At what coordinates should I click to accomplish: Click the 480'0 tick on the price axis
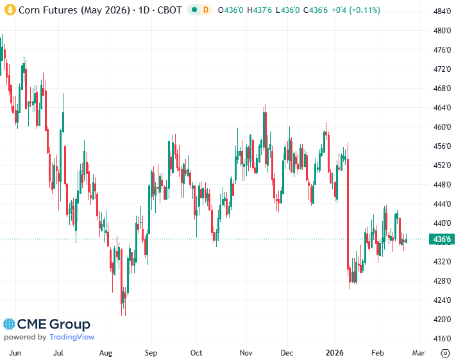(x=440, y=31)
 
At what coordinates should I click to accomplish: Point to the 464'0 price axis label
(x=440, y=108)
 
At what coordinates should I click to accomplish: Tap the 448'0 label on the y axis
(x=440, y=185)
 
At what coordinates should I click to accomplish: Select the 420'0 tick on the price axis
(x=440, y=320)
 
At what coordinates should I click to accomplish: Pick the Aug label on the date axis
(x=106, y=353)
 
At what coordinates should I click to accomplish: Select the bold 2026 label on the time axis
(x=335, y=353)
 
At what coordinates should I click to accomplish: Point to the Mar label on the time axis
(x=418, y=353)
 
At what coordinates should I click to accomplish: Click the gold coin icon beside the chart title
(x=10, y=10)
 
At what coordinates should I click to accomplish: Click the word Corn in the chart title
(x=29, y=10)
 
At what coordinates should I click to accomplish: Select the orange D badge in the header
(x=205, y=10)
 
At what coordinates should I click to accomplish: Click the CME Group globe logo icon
(x=10, y=325)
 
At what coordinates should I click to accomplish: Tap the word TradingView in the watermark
(x=72, y=337)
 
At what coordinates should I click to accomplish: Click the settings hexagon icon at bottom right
(x=446, y=353)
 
